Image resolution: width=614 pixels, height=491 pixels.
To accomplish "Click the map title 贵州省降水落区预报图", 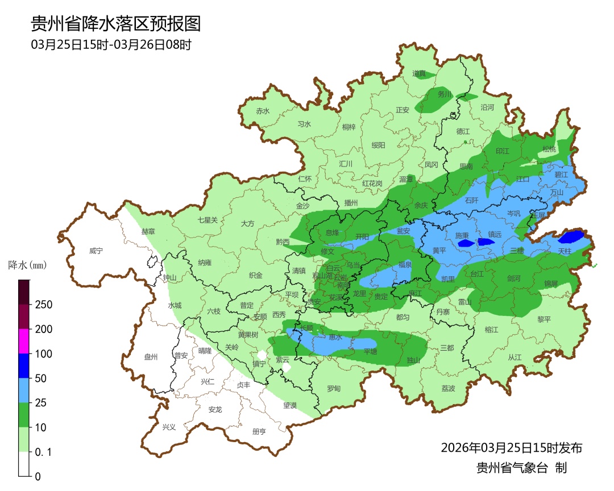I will point(115,24).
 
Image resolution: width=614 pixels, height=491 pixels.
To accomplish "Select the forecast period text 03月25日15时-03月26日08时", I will point(111,44).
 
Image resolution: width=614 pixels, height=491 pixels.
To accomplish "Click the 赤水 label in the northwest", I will point(263,111).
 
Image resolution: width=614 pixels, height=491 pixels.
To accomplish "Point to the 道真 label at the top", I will point(419,73).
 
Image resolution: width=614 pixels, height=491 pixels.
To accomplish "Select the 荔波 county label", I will point(449,389).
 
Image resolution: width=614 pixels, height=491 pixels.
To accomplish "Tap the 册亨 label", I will point(259,431).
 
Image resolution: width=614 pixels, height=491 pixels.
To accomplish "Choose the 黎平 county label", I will point(544,319).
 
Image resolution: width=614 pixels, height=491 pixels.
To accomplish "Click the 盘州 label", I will point(151,357).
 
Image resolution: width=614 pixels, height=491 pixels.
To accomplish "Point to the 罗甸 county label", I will point(334,389).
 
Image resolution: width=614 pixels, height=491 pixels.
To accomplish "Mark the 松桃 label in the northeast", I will point(549,149).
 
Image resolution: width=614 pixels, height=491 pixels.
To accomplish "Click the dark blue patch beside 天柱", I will point(571,236).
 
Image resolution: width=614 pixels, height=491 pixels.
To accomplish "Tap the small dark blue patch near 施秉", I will point(466,243).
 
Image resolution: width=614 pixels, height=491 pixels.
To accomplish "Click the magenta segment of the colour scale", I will point(24,341).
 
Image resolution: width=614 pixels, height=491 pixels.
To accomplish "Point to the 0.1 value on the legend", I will point(44,452).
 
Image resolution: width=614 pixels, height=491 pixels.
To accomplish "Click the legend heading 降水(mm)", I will point(27,265).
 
